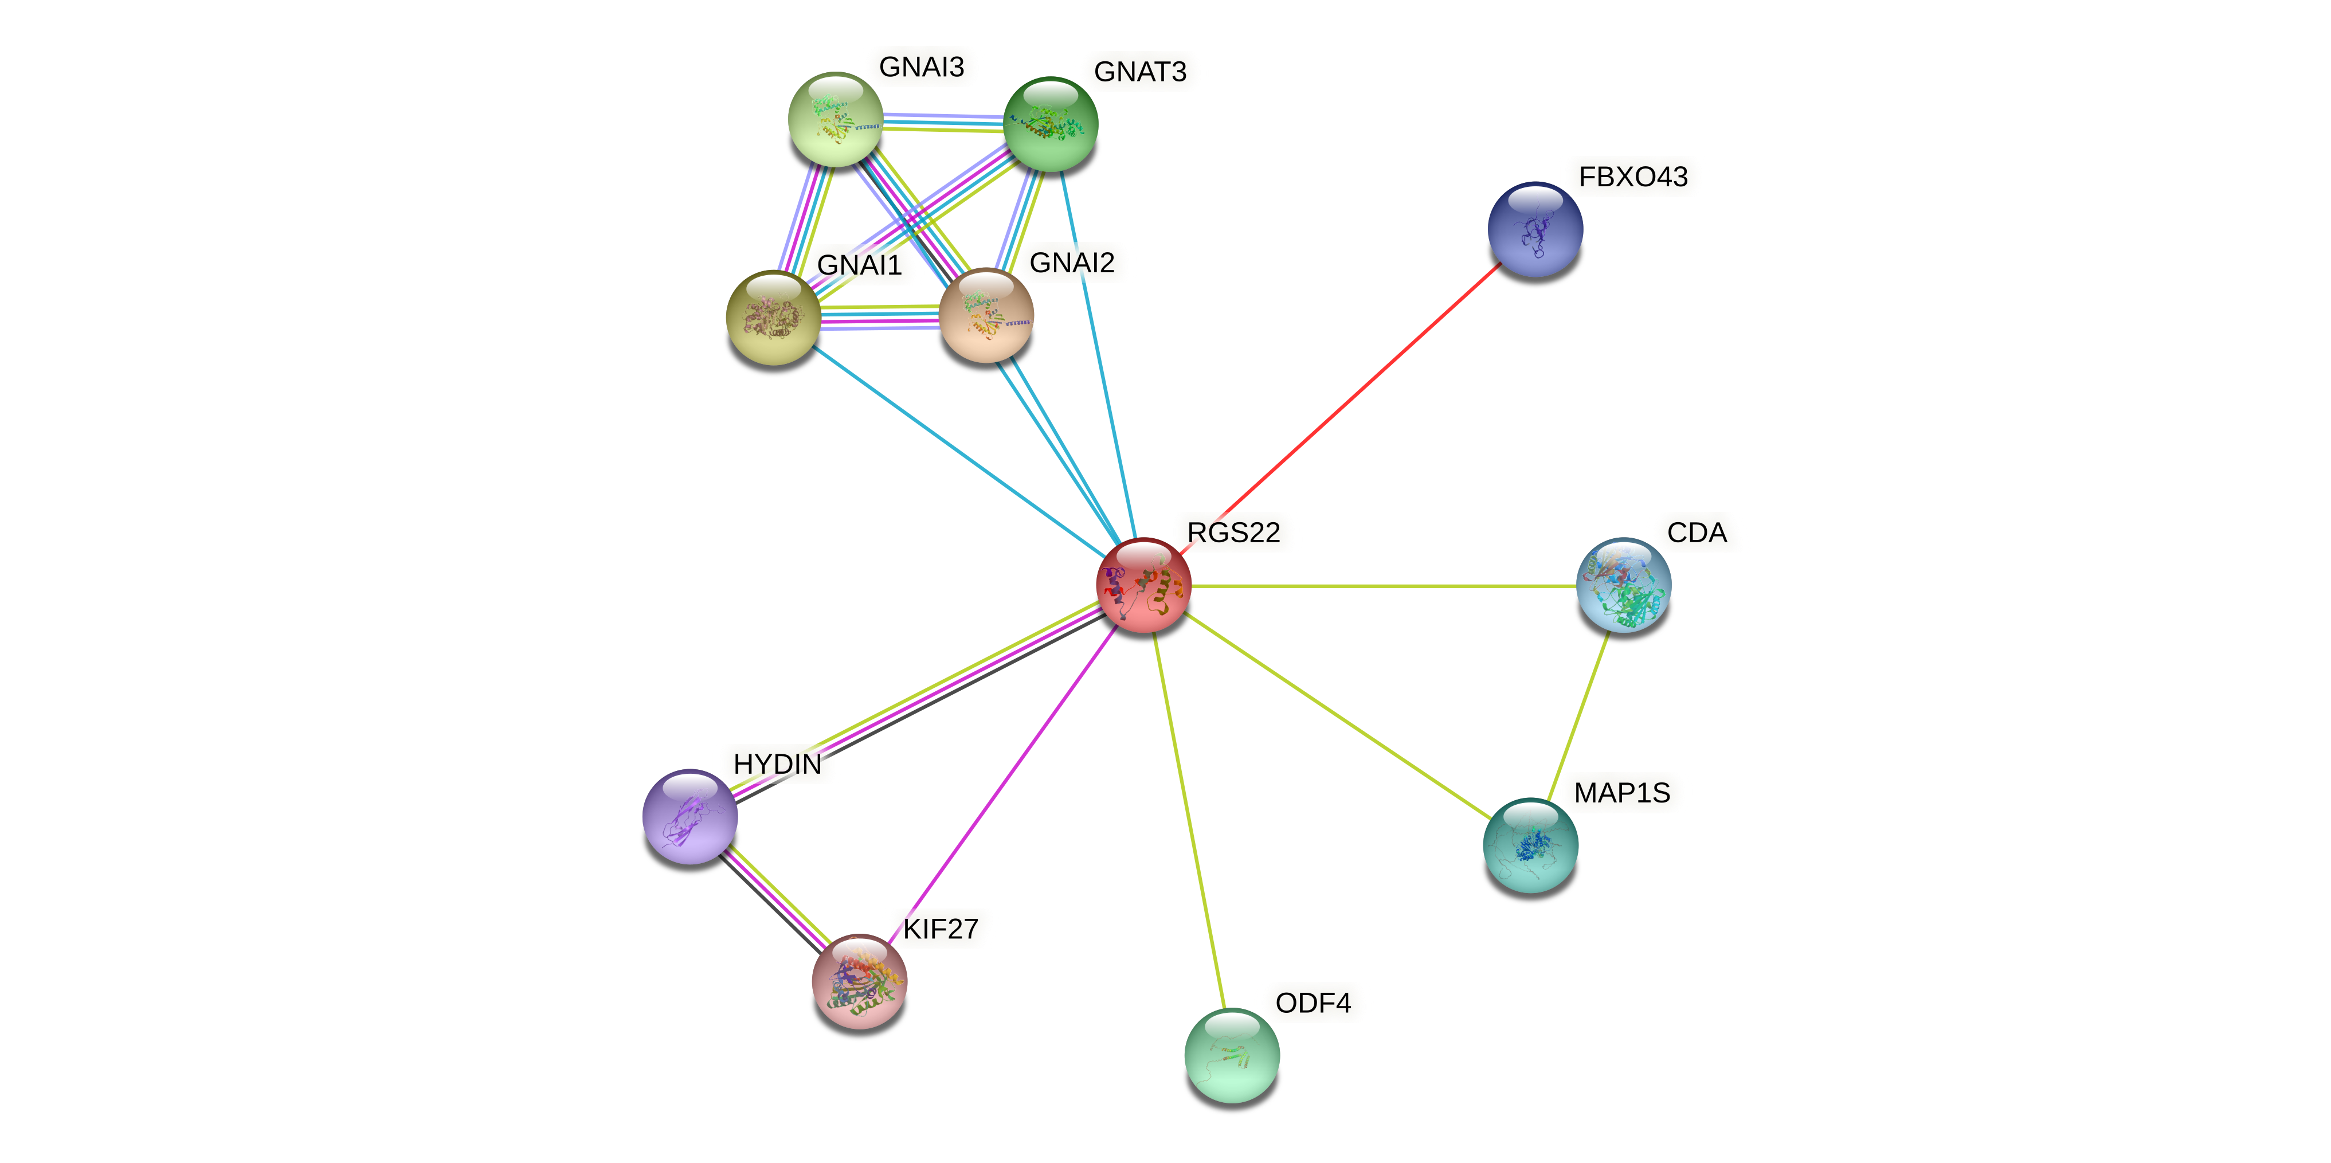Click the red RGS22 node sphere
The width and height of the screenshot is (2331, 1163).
[x=1143, y=585]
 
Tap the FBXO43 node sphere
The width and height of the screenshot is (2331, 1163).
[x=1535, y=229]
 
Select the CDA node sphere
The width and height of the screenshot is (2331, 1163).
[x=1623, y=585]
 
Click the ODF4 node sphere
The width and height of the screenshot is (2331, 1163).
[x=1232, y=1055]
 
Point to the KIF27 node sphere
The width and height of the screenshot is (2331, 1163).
[x=859, y=982]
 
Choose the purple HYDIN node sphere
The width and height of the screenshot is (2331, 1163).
[x=689, y=816]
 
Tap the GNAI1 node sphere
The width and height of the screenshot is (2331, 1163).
[x=773, y=318]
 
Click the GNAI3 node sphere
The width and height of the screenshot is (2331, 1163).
[x=835, y=119]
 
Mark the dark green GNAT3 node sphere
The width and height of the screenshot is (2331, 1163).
[x=1051, y=124]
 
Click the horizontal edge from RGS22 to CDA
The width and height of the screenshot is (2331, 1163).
[x=1385, y=586]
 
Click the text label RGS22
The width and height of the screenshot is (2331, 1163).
[x=1233, y=532]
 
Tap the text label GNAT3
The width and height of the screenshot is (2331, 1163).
[x=1139, y=72]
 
